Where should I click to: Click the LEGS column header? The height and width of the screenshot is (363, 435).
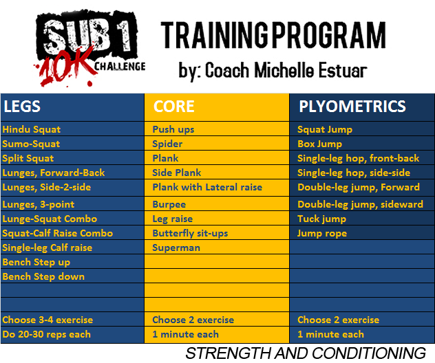[x=22, y=107]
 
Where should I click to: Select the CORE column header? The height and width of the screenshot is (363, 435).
[x=174, y=107]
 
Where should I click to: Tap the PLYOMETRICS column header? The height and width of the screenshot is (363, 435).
[x=352, y=107]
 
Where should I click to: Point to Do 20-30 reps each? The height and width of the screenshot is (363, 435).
[x=46, y=334]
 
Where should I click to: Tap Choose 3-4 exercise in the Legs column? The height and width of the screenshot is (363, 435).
[x=47, y=320]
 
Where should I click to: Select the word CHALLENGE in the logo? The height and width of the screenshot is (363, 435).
[x=120, y=67]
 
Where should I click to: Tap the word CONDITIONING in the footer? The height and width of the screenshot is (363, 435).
[x=369, y=353]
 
